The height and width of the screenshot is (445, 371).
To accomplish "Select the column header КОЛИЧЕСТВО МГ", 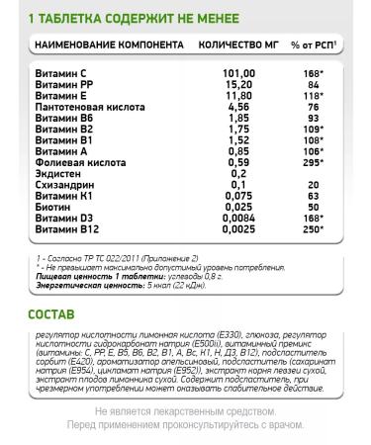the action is tap(236, 46).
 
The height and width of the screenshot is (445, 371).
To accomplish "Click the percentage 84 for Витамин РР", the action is tap(315, 85).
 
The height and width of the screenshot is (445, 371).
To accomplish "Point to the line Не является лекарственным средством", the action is tap(184, 408).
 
